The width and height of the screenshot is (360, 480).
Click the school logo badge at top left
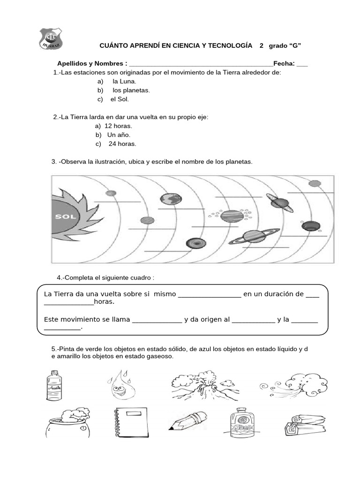[x=50, y=38]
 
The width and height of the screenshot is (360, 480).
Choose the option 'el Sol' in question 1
[x=119, y=99]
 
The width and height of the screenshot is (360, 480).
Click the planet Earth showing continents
[x=171, y=199]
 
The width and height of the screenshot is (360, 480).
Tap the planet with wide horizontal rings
[x=254, y=236]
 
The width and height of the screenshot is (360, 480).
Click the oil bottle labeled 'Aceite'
[x=54, y=385]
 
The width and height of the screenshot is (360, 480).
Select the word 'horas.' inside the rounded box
[x=104, y=301]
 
